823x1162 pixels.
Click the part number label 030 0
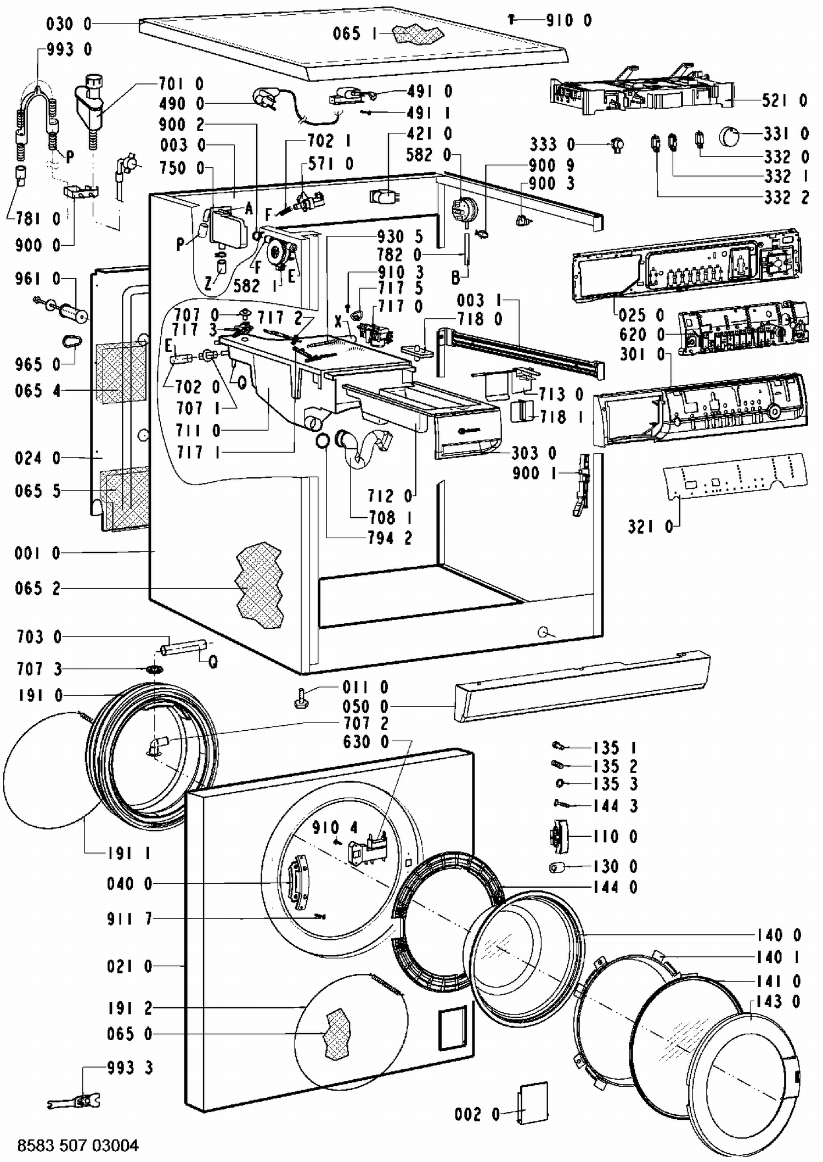point(69,24)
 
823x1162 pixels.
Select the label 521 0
point(785,100)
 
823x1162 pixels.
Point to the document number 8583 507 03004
point(78,1146)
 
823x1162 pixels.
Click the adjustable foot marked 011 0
point(301,698)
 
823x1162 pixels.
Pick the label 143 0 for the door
point(777,1002)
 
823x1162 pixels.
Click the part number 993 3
point(130,1068)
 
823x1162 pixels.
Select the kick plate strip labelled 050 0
point(582,686)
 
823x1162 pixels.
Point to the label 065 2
point(37,589)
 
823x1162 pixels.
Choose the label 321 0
point(650,527)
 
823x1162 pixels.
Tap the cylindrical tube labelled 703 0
point(183,647)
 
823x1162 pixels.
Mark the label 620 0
point(642,334)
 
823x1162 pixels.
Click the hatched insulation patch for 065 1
point(417,34)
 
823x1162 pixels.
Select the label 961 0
point(37,279)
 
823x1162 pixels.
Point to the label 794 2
point(390,538)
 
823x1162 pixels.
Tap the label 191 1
point(129,853)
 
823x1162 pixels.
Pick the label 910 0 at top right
point(569,21)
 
